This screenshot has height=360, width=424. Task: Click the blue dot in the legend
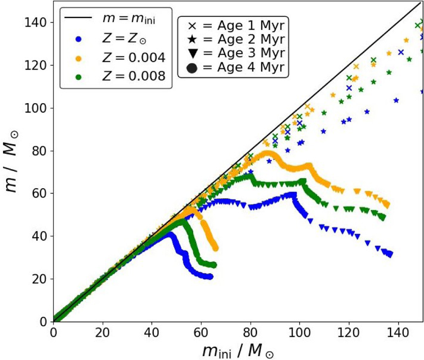pos(78,40)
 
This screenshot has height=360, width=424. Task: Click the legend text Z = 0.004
pos(134,58)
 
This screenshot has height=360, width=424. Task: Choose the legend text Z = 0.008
pos(134,76)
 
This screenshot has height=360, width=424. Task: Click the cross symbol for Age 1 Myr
pos(193,26)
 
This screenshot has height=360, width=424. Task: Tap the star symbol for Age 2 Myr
pos(193,40)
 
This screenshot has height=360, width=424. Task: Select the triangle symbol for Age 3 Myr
pos(193,54)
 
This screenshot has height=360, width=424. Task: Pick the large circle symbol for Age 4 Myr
pos(193,67)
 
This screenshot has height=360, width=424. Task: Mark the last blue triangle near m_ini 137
pos(390,254)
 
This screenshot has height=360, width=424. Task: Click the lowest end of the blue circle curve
pos(211,277)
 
